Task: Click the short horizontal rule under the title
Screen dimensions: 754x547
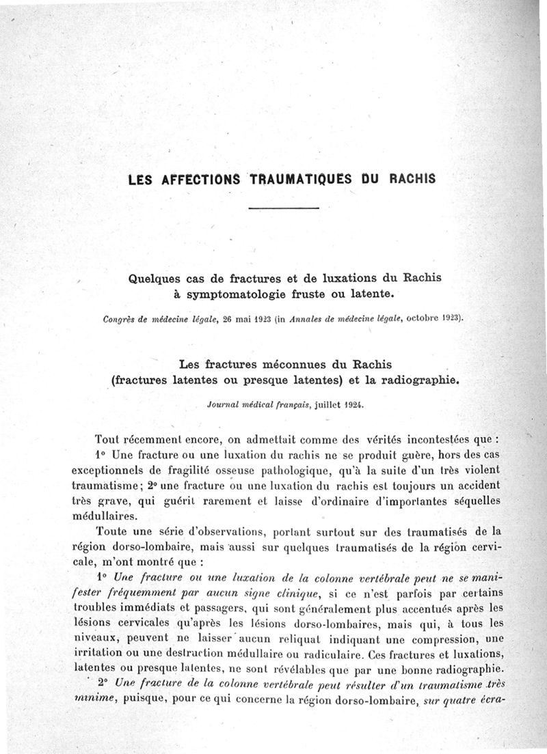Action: [283, 208]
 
